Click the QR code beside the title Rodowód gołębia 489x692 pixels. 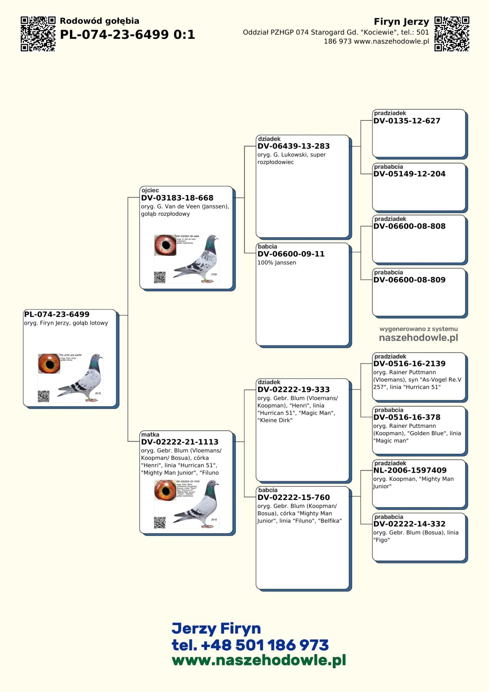click(x=38, y=34)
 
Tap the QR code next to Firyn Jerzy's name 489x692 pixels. click(x=452, y=34)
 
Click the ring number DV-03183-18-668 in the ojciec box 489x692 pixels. click(x=177, y=198)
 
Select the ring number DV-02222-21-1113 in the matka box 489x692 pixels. click(x=180, y=442)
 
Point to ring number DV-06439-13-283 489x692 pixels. click(x=293, y=146)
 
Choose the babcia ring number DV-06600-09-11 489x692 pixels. click(x=291, y=254)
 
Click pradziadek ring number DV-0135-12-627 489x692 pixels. click(x=407, y=121)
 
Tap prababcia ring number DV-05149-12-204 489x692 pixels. click(x=409, y=174)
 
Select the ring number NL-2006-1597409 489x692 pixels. click(x=410, y=470)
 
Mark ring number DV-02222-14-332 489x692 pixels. click(x=409, y=524)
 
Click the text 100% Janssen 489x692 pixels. click(x=277, y=263)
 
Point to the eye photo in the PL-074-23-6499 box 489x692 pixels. click(x=49, y=364)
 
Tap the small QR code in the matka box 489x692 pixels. click(x=160, y=522)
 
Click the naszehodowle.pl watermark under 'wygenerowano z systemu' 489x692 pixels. click(x=419, y=338)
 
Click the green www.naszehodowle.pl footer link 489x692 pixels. click(x=259, y=660)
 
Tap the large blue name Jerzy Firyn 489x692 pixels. click(x=216, y=628)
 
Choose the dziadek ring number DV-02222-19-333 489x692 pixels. click(x=293, y=389)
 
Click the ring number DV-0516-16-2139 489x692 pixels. click(x=409, y=364)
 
